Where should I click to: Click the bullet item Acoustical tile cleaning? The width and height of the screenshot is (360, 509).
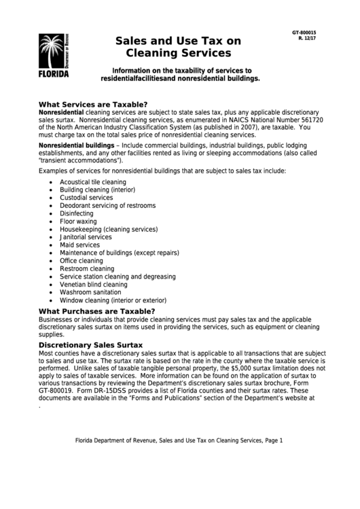tap(93, 182)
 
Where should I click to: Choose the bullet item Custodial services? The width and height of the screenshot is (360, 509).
tap(86, 198)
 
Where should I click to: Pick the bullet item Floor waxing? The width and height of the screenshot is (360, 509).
tap(78, 222)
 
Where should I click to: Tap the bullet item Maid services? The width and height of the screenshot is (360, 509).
tap(79, 245)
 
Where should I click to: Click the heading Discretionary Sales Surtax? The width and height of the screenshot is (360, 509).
tap(90, 345)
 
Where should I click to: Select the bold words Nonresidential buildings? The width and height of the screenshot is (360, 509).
tap(77, 146)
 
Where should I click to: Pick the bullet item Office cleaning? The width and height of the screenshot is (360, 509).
tap(82, 260)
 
